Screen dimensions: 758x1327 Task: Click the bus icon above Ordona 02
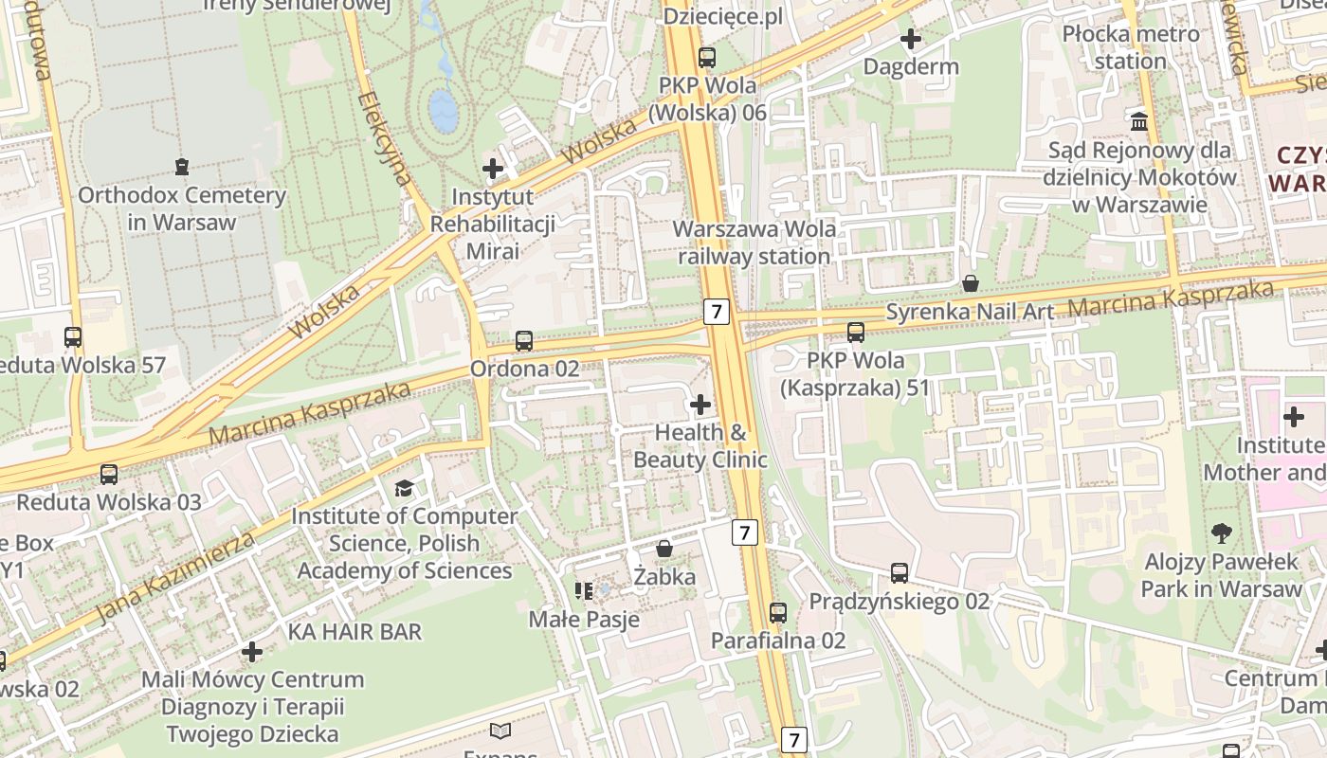524,341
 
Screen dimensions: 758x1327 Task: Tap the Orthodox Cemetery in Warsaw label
182,208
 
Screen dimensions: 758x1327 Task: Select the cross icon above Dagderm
911,40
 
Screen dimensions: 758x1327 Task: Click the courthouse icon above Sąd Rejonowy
1139,121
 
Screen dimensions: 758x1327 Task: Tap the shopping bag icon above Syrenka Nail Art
971,283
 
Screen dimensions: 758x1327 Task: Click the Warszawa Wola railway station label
754,243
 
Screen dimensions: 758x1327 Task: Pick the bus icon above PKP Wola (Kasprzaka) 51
856,333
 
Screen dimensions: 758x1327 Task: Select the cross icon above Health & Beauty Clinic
700,406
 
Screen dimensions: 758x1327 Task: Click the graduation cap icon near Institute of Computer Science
405,488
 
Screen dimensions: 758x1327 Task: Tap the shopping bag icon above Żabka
664,549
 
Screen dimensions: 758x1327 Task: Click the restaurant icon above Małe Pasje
584,591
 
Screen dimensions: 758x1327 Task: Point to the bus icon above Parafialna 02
778,613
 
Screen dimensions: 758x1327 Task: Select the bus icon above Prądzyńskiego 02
899,573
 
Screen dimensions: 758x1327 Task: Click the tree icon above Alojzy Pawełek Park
1221,533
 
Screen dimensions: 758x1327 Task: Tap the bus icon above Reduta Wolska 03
109,475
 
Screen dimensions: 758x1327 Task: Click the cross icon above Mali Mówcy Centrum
252,652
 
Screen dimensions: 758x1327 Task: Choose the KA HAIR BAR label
355,631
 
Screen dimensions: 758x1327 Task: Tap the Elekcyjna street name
386,138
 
